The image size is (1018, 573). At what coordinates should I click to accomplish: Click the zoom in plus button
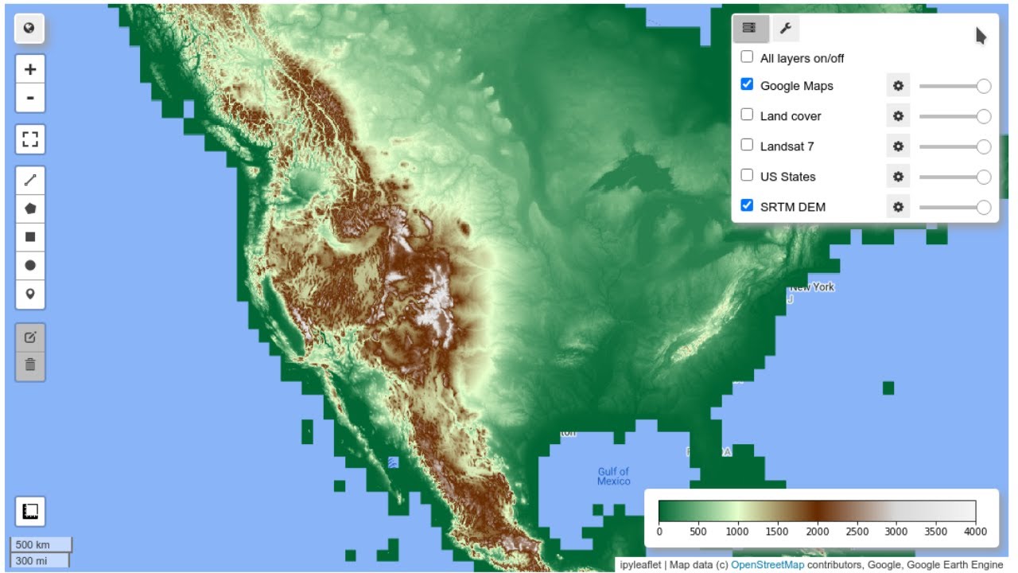(x=30, y=69)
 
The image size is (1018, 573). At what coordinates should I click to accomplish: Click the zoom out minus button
(x=30, y=98)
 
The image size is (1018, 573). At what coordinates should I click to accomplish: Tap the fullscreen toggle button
(x=30, y=139)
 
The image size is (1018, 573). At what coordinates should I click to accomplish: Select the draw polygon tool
(x=30, y=209)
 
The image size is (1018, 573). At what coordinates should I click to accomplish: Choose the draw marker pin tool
(x=30, y=294)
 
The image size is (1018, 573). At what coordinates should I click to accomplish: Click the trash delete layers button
(x=30, y=365)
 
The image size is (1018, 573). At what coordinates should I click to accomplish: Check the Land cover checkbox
(x=747, y=115)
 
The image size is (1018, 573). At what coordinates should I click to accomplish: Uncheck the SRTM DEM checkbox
(x=747, y=205)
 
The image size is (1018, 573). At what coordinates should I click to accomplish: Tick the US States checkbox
(x=747, y=175)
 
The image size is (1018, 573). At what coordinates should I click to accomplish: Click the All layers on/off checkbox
(x=747, y=57)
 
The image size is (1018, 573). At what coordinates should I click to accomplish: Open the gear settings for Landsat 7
(x=898, y=146)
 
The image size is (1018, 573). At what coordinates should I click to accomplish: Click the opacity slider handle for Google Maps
(x=984, y=86)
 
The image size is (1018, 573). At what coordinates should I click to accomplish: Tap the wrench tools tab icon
(x=786, y=29)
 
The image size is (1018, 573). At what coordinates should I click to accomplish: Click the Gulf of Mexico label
(x=613, y=476)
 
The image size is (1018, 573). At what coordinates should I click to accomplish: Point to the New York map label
(x=812, y=287)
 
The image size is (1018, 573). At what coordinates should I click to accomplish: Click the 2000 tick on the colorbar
(x=818, y=532)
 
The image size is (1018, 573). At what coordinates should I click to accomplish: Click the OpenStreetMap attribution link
(x=767, y=565)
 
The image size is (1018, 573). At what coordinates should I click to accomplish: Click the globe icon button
(x=30, y=29)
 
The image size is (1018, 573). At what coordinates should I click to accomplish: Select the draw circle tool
(x=30, y=265)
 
